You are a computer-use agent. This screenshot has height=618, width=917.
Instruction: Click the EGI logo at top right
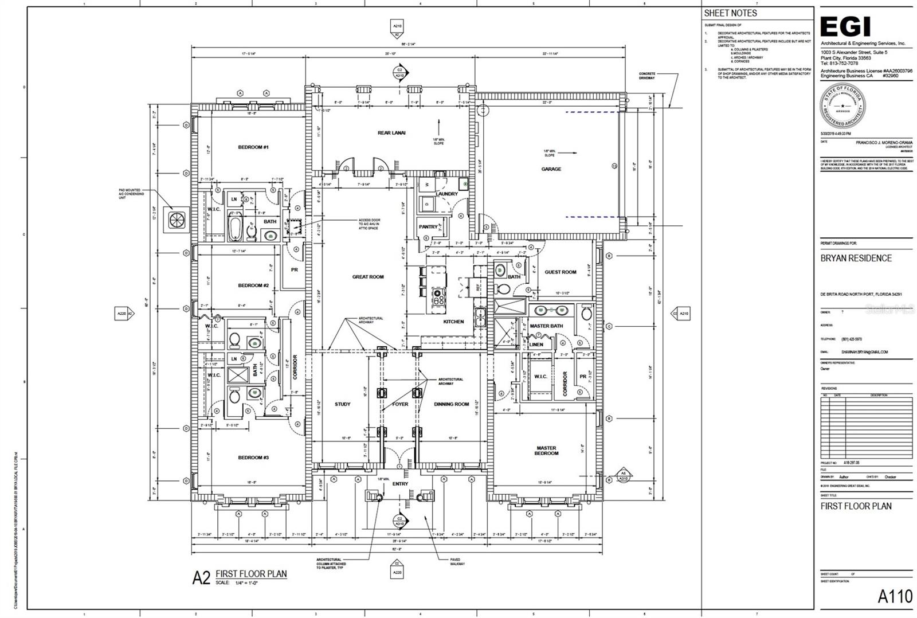(x=845, y=27)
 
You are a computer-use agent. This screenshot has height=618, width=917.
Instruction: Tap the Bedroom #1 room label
(x=253, y=147)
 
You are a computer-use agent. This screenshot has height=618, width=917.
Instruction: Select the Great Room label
(x=368, y=277)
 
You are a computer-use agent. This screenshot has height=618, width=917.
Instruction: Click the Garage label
(x=551, y=169)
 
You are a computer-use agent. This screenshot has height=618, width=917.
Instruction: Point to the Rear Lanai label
(x=391, y=133)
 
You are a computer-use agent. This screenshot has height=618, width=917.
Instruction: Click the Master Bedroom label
(x=546, y=451)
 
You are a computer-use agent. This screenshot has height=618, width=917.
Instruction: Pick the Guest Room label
(x=560, y=272)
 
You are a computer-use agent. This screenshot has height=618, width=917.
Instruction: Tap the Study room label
(x=342, y=404)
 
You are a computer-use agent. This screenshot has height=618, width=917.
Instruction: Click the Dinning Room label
(x=451, y=404)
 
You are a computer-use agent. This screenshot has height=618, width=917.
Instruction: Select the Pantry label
(x=428, y=227)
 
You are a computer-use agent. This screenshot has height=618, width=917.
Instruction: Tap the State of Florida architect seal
(x=842, y=106)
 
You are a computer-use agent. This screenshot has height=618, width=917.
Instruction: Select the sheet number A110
(x=895, y=596)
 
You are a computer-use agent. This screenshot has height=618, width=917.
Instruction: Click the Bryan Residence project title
(x=856, y=258)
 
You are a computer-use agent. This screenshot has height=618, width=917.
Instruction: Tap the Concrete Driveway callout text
(x=647, y=76)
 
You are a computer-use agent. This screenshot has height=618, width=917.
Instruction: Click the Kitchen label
(x=453, y=322)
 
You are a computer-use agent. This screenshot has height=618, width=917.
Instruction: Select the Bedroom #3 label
(x=253, y=457)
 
